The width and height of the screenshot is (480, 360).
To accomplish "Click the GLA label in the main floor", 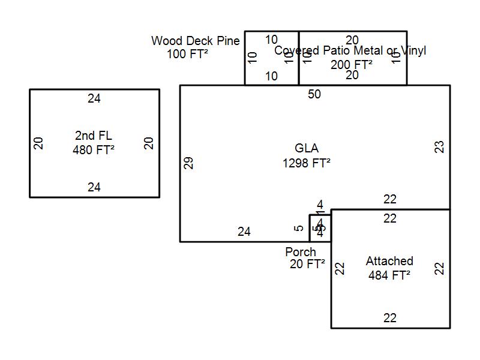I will coord(307,148).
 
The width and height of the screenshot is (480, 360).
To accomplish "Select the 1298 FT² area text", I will coord(307,163).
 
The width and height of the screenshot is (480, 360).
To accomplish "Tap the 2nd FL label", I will coord(94,136).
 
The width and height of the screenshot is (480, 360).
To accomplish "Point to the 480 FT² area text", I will coord(94,150).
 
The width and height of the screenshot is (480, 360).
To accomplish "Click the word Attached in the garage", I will coord(389,261).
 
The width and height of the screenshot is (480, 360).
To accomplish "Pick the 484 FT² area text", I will coord(389,275).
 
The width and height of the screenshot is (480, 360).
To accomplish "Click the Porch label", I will coord(301,252).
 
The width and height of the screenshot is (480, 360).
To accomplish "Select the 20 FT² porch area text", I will coord(307,264).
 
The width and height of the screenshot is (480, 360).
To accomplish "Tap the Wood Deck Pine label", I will coord(196,41).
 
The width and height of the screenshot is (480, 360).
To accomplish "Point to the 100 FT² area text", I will coord(188,54).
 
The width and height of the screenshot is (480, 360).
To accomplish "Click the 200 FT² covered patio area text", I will coord(352,64).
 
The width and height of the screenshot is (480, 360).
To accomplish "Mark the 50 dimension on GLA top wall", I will coord(314,94).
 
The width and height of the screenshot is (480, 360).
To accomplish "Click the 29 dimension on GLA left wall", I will coord(189,163).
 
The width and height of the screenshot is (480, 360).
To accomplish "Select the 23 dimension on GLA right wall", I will coord(440,147).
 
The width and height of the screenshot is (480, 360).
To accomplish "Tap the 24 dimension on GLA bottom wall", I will coord(244,232).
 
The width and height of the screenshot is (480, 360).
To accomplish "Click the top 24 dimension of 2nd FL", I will coord(94,98).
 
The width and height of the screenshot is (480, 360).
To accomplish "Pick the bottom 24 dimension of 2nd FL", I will coord(94,187).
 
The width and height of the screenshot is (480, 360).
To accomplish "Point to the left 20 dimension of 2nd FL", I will coord(39,143).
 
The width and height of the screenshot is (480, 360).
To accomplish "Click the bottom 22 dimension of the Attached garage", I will coord(390,318).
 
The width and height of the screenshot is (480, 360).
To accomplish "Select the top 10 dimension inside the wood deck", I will coord(271,40).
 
